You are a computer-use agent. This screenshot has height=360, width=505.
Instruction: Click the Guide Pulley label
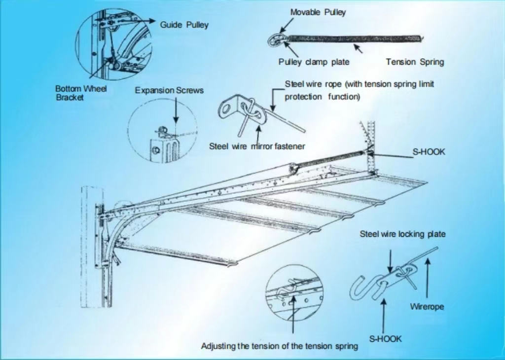[x=184, y=25]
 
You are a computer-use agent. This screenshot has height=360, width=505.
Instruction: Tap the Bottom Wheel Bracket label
[x=81, y=93]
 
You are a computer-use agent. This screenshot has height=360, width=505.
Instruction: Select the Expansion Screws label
[x=169, y=90]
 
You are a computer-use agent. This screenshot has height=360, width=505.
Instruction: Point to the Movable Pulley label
[x=318, y=12]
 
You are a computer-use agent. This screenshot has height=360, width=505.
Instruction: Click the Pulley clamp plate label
[x=314, y=62]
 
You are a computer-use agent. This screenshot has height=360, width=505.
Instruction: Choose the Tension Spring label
[x=415, y=62]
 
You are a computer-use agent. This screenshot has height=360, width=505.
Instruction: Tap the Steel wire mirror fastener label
[x=257, y=146]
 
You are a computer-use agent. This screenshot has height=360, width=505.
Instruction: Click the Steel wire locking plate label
[x=402, y=234]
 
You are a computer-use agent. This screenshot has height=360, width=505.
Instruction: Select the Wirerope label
[x=427, y=307]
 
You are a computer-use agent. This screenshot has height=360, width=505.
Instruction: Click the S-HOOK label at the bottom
[x=385, y=339]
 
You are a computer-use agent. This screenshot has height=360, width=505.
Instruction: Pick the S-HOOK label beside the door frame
[x=429, y=152]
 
